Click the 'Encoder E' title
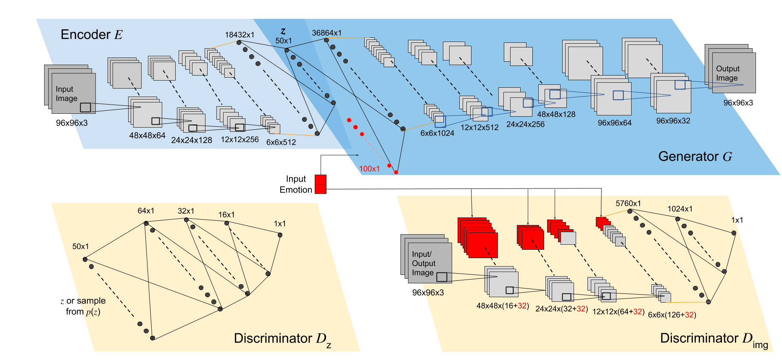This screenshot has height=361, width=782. [x=92, y=34]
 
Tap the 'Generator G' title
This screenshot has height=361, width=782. [x=695, y=157]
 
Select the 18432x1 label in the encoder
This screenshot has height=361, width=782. [x=240, y=35]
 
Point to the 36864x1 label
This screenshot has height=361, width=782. [x=326, y=33]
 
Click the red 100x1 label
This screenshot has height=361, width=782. [x=369, y=169]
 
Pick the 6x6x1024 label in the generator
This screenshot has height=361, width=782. [x=437, y=133]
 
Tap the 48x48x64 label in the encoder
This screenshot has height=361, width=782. [x=147, y=136]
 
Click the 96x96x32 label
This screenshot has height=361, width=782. [x=673, y=121]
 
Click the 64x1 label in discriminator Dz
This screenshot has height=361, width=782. [x=146, y=211]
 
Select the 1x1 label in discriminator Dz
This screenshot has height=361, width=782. [x=280, y=224]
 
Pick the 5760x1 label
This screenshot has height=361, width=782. [x=628, y=204]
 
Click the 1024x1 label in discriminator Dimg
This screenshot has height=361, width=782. [x=680, y=209]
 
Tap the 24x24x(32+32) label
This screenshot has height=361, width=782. [x=561, y=309]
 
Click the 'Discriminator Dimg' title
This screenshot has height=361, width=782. [x=714, y=339]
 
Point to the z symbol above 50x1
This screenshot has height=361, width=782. [x=283, y=31]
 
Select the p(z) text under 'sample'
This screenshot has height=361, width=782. [x=93, y=312]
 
